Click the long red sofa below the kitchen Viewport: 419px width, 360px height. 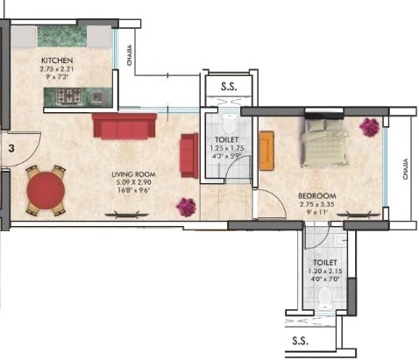(124, 126)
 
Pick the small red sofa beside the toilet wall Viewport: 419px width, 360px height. (188, 155)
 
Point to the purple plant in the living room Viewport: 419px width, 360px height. (186, 207)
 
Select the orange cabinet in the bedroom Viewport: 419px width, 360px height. (266, 150)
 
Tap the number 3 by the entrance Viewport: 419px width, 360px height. (11, 149)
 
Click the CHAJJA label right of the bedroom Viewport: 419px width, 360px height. (404, 168)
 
